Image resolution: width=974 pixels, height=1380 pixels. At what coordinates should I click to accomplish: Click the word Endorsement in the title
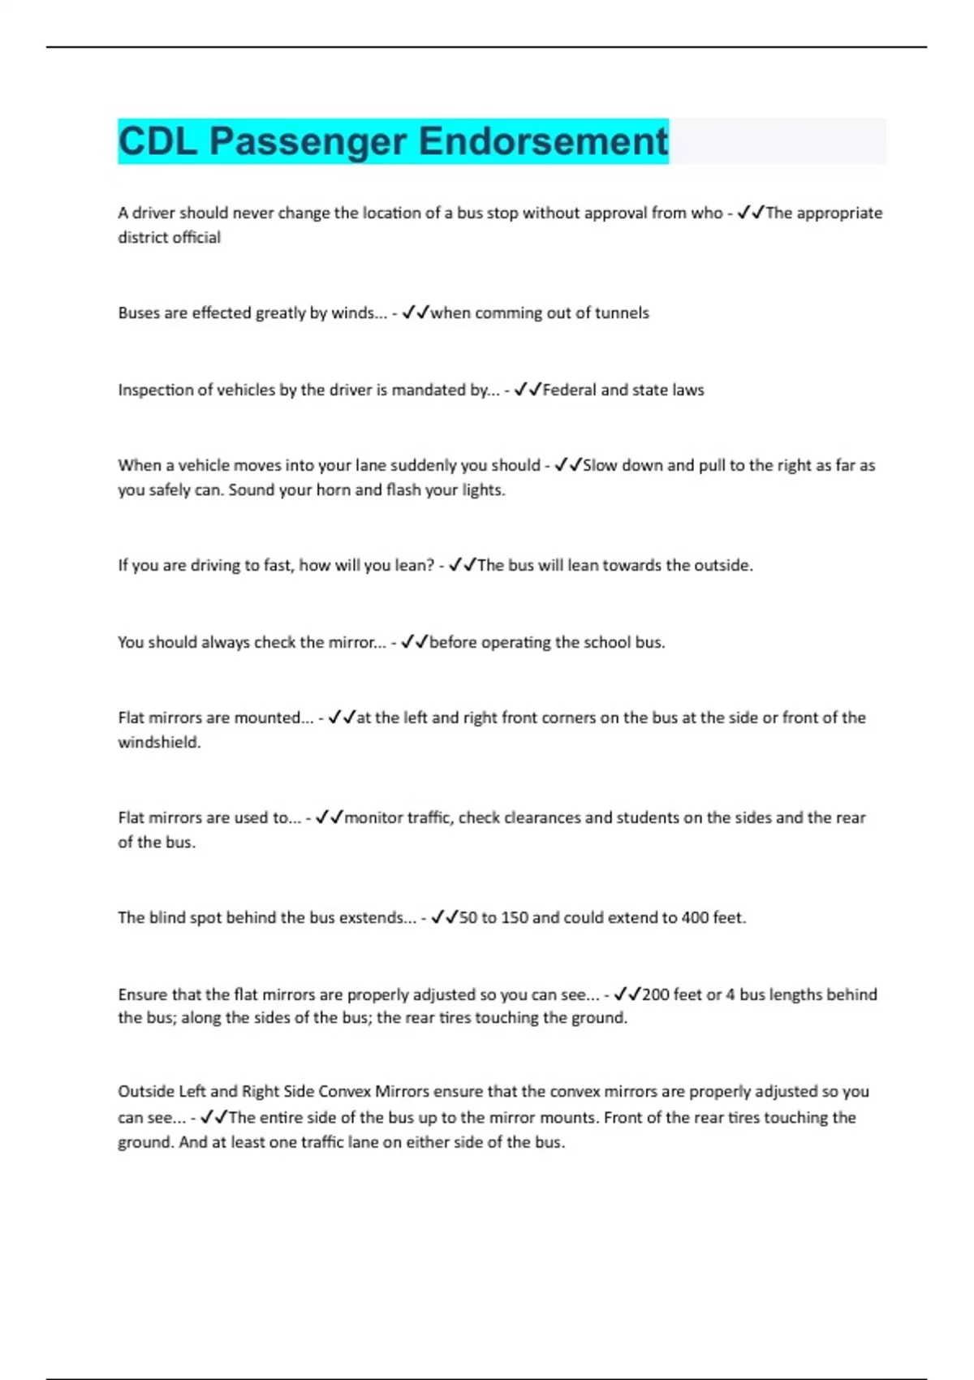click(543, 141)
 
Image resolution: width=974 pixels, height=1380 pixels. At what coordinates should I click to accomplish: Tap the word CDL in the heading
click(158, 141)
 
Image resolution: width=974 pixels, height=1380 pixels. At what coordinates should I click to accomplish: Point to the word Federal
click(570, 390)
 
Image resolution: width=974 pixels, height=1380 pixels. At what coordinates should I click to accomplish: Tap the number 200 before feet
click(655, 994)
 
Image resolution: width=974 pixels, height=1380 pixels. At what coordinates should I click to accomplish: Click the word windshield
click(158, 742)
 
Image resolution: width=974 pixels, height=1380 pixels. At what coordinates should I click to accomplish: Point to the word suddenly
click(423, 466)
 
